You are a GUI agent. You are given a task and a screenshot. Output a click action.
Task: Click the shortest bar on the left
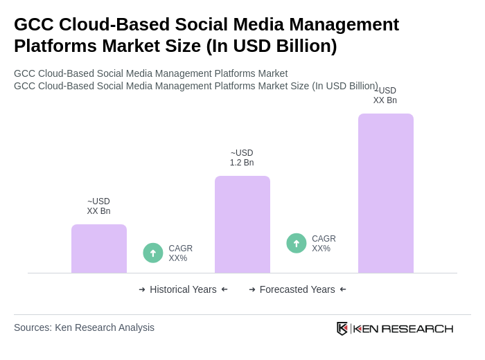coord(99,249)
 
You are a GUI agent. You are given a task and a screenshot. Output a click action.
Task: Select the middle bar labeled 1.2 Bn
coord(242,224)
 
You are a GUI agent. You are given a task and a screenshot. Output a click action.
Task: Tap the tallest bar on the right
coord(386,193)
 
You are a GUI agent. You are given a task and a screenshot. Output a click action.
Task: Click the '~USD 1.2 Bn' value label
coord(242,158)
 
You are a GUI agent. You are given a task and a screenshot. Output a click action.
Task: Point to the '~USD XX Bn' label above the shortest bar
coord(98,206)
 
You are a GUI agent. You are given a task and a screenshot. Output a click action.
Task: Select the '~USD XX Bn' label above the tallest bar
coord(385,96)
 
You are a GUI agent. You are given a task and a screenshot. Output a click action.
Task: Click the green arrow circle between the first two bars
coord(153,253)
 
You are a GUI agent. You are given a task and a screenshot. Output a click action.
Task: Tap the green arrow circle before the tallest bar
coord(297,243)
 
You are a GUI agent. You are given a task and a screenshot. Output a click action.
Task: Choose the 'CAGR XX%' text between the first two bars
coord(180,253)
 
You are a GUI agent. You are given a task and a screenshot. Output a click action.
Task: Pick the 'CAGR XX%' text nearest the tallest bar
coord(324,244)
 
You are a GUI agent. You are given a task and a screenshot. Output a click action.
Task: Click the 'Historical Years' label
coord(183,289)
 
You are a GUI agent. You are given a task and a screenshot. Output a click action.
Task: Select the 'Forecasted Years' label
coord(297,289)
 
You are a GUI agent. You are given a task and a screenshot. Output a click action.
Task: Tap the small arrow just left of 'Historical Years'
coord(142,289)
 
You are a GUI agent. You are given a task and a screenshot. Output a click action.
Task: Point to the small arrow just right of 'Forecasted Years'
coord(343,289)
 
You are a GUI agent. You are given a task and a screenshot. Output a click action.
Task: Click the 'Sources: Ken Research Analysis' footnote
coord(84,327)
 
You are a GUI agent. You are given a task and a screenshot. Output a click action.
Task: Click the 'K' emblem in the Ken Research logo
coord(342,328)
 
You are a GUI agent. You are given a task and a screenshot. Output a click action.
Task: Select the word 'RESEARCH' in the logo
coord(417,329)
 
